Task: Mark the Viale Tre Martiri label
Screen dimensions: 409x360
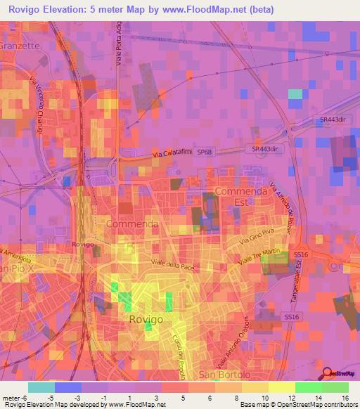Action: [x=258, y=257]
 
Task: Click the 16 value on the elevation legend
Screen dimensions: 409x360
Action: [x=347, y=398]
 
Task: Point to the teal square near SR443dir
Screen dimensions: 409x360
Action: [x=295, y=93]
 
